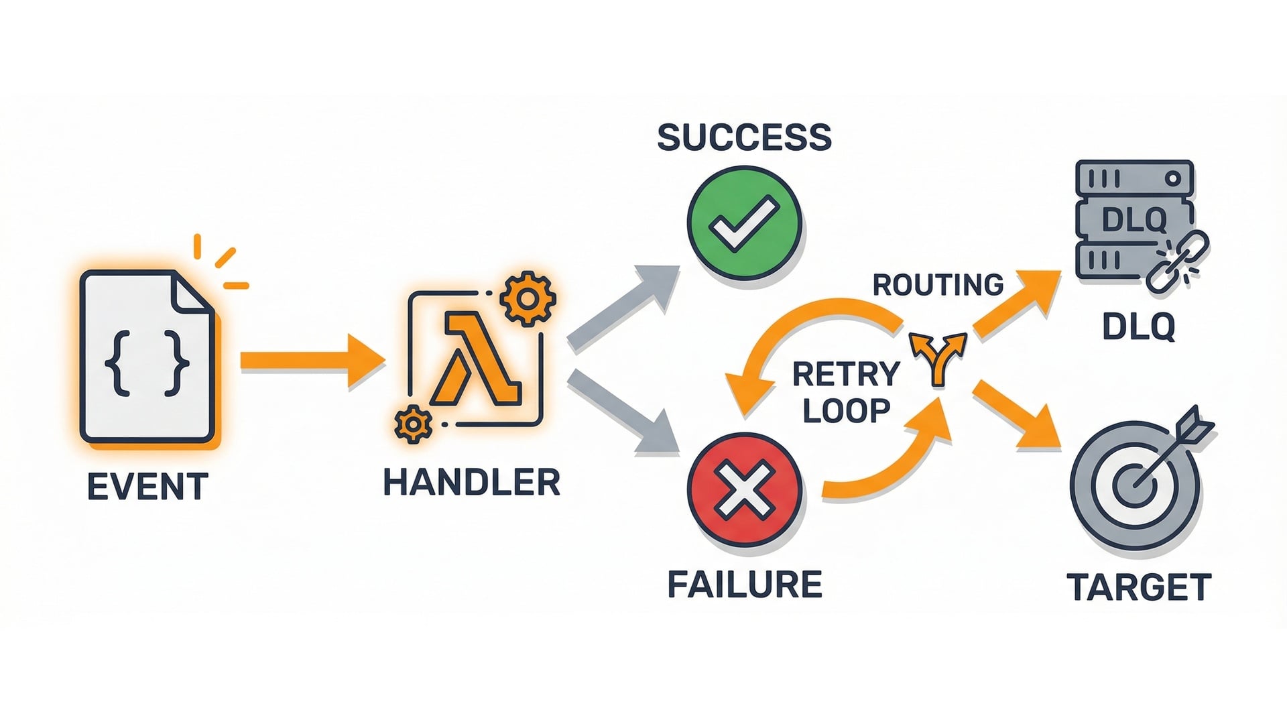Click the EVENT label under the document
click(147, 487)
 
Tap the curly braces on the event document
click(147, 361)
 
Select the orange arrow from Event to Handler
click(312, 361)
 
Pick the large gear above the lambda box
click(528, 298)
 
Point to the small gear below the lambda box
click(413, 424)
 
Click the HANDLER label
click(471, 483)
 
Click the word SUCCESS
click(744, 137)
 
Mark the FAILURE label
click(744, 585)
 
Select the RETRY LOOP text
click(846, 392)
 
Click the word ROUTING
click(938, 286)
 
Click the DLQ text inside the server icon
click(1134, 220)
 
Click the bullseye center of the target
click(1134, 485)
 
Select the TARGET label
click(1138, 587)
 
